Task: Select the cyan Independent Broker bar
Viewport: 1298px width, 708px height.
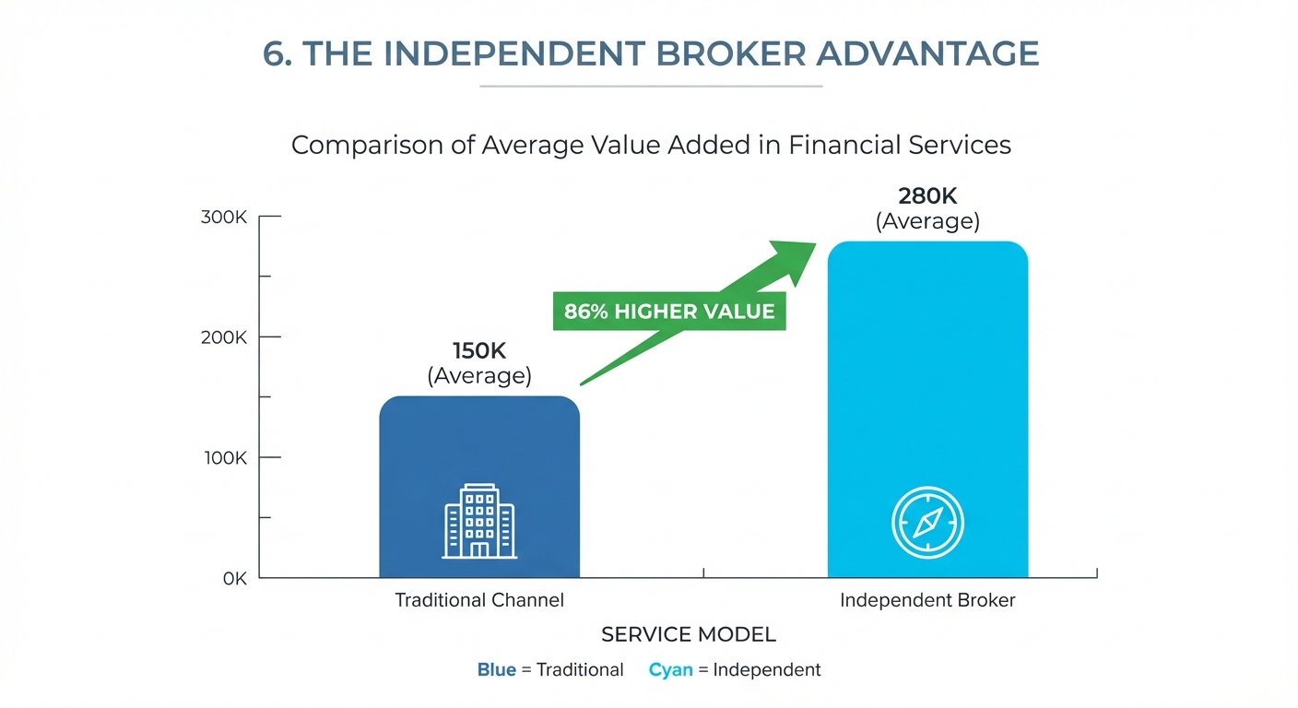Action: (x=927, y=387)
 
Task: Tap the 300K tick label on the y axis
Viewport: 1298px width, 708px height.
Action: (x=223, y=218)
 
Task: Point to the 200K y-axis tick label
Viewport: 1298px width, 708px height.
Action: (x=223, y=337)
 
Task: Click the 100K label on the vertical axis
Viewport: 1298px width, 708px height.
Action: (x=223, y=458)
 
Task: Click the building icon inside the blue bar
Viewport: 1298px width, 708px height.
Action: (x=479, y=522)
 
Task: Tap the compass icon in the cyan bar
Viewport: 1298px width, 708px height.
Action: (x=927, y=522)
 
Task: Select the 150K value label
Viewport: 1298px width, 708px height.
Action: (x=479, y=351)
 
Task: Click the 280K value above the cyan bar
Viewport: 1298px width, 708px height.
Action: (x=927, y=196)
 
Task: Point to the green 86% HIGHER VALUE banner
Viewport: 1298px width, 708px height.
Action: (x=669, y=312)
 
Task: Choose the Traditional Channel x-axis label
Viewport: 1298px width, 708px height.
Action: (x=479, y=600)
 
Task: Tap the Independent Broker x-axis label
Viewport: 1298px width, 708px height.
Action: (x=927, y=600)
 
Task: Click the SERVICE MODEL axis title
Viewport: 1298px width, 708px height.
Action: (x=688, y=635)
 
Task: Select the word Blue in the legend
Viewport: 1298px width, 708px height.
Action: (x=497, y=670)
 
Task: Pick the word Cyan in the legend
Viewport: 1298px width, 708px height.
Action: (x=670, y=670)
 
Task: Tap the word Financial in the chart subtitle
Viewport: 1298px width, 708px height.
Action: (x=844, y=146)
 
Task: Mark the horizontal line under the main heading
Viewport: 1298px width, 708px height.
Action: (x=651, y=87)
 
